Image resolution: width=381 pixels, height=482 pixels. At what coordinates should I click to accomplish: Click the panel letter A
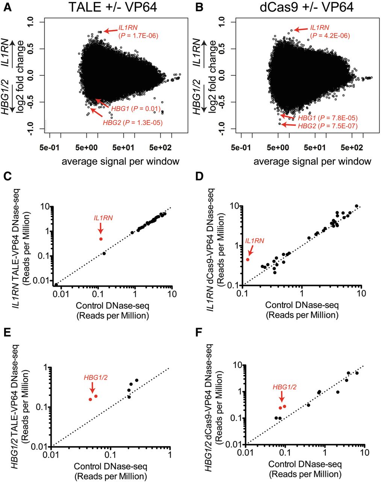point(7,8)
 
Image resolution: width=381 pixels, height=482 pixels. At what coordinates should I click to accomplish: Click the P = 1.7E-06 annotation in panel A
point(138,36)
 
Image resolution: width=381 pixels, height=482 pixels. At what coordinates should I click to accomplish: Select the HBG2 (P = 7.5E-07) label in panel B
point(327,126)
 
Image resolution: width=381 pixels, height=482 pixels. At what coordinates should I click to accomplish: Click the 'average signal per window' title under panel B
point(312,162)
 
